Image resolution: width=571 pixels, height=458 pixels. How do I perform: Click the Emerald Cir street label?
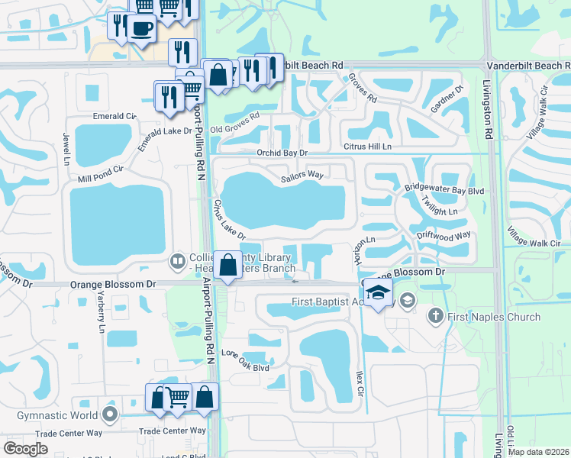tap(114, 116)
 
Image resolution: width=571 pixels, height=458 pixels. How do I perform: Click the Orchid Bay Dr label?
tap(282, 153)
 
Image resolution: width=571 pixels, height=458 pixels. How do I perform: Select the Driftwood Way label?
tap(444, 237)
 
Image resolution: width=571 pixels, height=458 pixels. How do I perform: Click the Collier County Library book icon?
tap(178, 262)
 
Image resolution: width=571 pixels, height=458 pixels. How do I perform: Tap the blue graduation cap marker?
tap(377, 292)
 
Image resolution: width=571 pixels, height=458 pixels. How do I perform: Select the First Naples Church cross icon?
tap(436, 314)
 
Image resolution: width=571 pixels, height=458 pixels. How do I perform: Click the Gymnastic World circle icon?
tap(110, 415)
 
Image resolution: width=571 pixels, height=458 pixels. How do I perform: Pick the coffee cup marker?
tap(141, 30)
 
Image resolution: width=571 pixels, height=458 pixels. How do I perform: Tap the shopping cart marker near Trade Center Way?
tap(177, 397)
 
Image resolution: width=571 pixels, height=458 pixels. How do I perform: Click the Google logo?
tap(25, 449)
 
